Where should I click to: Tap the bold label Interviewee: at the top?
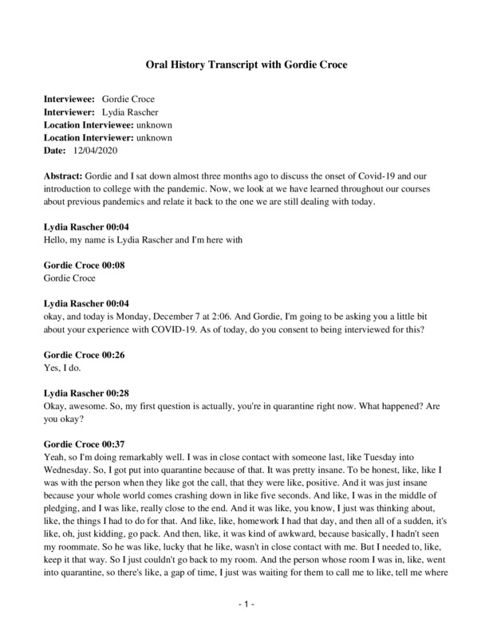pos(69,100)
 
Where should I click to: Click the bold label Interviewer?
pos(69,112)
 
